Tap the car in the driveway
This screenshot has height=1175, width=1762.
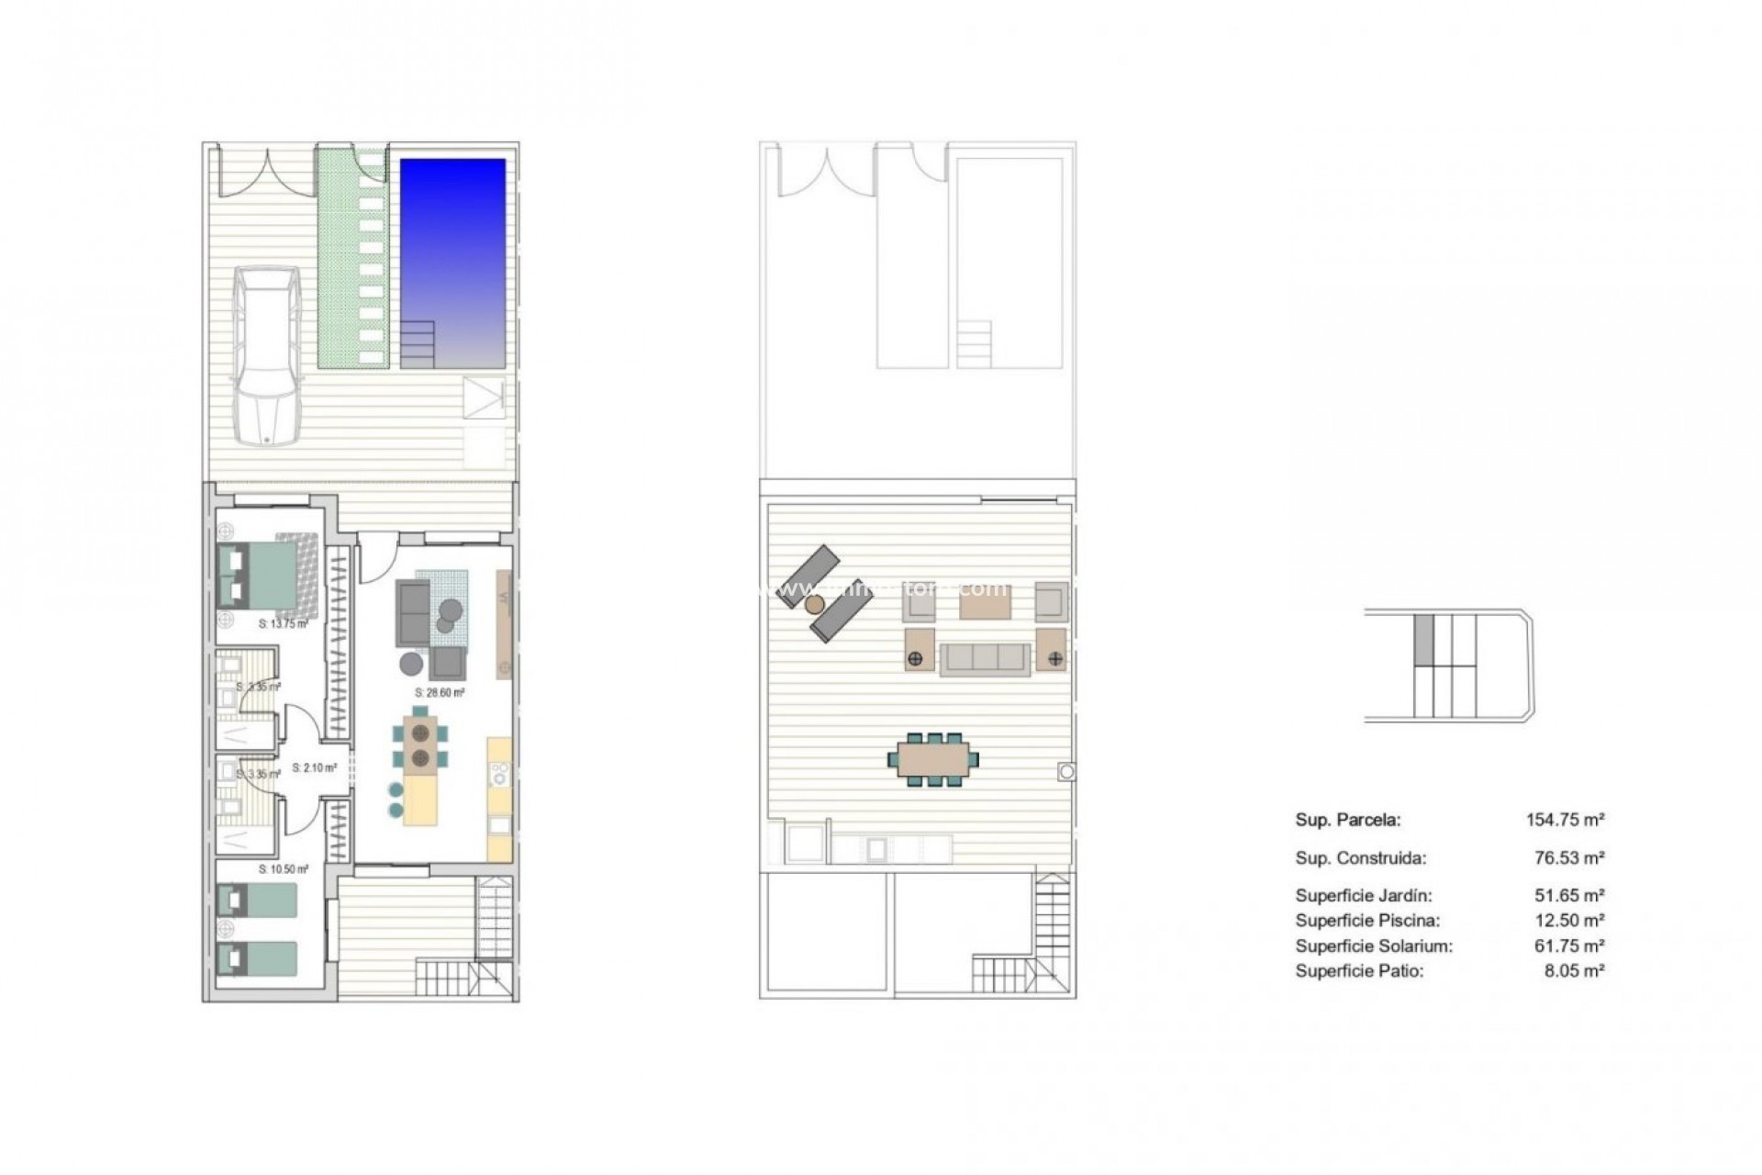(266, 355)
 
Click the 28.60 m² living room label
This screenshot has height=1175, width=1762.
(440, 693)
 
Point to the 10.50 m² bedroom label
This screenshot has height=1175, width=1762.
(284, 869)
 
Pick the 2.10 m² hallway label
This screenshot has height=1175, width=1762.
(315, 767)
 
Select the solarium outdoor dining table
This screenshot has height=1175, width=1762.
(932, 759)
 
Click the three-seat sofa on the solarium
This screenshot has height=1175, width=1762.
(986, 658)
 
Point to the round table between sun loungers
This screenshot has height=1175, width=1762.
(814, 604)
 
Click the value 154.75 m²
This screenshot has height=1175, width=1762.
(1565, 820)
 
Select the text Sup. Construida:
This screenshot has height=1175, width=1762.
(1361, 858)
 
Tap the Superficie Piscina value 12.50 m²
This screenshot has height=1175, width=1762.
(1574, 920)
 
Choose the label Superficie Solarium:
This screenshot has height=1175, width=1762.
(1374, 946)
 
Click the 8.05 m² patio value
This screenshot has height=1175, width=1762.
(1574, 970)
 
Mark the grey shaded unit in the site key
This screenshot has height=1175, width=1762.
(1423, 640)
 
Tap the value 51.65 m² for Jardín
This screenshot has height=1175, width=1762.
(1574, 895)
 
